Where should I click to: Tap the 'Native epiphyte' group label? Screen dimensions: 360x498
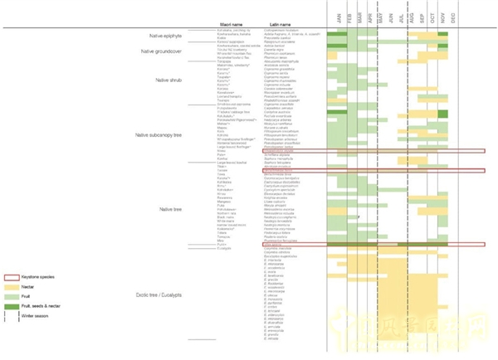[x=165, y=36]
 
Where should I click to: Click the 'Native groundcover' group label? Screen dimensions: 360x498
[x=160, y=51]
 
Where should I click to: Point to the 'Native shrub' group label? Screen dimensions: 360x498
[x=168, y=80]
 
